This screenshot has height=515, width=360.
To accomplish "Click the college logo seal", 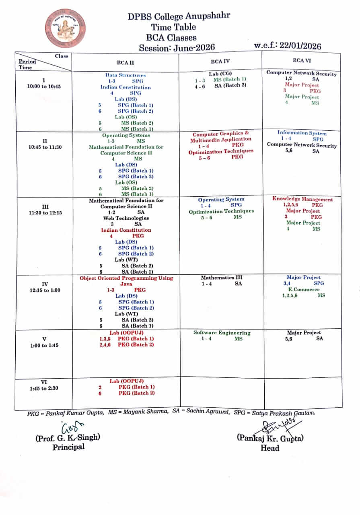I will click(x=65, y=29).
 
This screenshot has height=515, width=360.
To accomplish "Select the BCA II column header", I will click(x=125, y=62).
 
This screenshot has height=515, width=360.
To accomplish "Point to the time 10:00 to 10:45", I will click(x=44, y=87).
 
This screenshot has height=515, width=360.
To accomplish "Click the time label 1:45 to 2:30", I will click(x=44, y=389).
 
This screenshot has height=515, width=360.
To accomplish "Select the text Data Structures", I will click(x=125, y=75).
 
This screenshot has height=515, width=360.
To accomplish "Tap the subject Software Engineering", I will click(x=222, y=333).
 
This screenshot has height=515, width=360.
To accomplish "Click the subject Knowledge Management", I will click(x=302, y=199).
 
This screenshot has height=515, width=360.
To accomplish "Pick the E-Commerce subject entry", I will click(x=303, y=289).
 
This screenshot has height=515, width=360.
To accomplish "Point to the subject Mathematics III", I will click(x=222, y=278).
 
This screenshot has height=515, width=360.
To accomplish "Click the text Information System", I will click(x=302, y=133).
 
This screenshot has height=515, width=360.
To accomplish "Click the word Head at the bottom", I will click(x=269, y=447).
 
